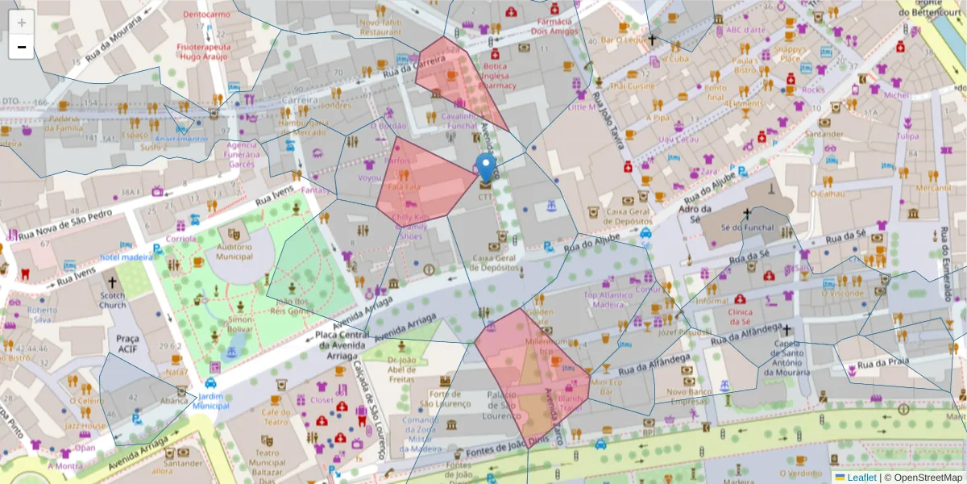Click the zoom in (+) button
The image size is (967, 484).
coord(22,23)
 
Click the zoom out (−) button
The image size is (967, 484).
coord(22,47)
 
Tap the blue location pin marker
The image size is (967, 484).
coord(485,169)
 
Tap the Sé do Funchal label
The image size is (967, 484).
coord(747,227)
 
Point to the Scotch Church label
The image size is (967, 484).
coord(113,299)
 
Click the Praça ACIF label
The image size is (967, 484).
coord(127,343)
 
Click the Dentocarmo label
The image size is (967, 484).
coord(206,15)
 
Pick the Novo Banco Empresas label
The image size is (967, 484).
coord(687,396)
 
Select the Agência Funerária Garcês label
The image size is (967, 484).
coord(240,154)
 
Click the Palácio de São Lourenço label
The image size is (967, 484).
coord(494,405)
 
